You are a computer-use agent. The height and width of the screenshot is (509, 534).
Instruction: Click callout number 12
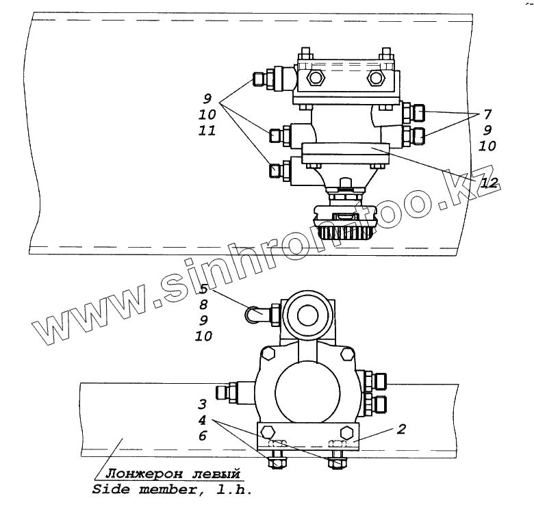click(x=489, y=183)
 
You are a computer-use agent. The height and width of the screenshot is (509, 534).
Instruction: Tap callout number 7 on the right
click(x=487, y=114)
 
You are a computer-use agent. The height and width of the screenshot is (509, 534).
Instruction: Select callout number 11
click(x=207, y=130)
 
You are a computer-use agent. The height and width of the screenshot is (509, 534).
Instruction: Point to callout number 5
click(x=203, y=289)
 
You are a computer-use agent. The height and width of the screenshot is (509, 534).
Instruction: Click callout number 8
click(x=203, y=304)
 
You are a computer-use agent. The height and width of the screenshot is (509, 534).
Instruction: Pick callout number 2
click(x=402, y=429)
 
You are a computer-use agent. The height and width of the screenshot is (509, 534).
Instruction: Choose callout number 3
click(x=202, y=404)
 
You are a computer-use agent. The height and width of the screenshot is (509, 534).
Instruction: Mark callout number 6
click(x=203, y=436)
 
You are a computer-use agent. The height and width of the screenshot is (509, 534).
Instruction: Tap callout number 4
click(x=202, y=420)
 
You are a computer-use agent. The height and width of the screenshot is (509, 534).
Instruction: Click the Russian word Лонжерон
click(x=144, y=473)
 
